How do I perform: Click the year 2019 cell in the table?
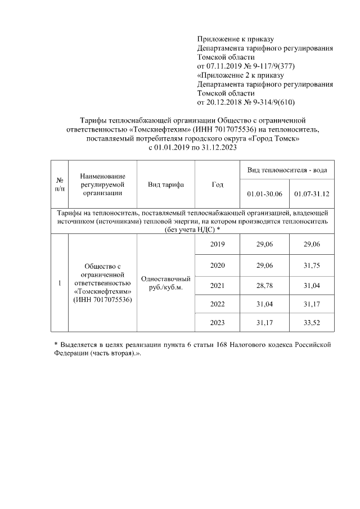(x=217, y=244)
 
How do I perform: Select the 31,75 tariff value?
(x=311, y=265)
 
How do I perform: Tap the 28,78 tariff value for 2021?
(x=264, y=286)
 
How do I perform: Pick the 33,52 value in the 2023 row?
(x=311, y=323)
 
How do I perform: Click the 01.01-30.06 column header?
(x=264, y=194)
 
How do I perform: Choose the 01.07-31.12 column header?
(x=311, y=194)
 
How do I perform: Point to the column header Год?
(x=217, y=184)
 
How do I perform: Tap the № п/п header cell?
(x=59, y=184)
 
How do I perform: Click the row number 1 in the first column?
(x=59, y=283)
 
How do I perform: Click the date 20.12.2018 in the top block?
(x=227, y=102)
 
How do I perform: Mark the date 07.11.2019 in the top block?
(x=227, y=66)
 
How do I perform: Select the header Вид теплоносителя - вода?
(x=287, y=170)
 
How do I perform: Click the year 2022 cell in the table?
(x=217, y=304)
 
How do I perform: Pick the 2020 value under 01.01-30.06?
(x=264, y=265)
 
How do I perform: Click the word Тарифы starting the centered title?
(x=93, y=120)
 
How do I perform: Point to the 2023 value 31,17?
(x=264, y=323)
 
